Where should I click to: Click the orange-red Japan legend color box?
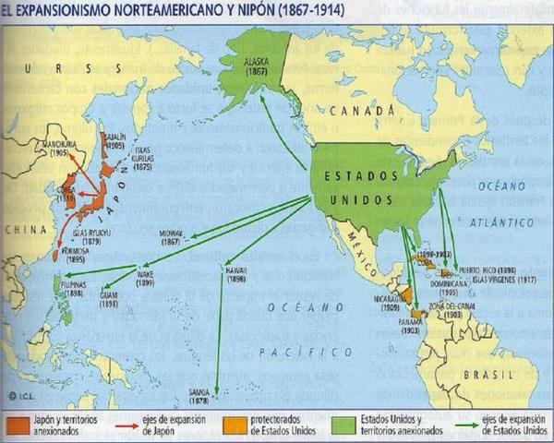point(19,426)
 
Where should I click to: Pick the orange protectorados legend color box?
point(235,426)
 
